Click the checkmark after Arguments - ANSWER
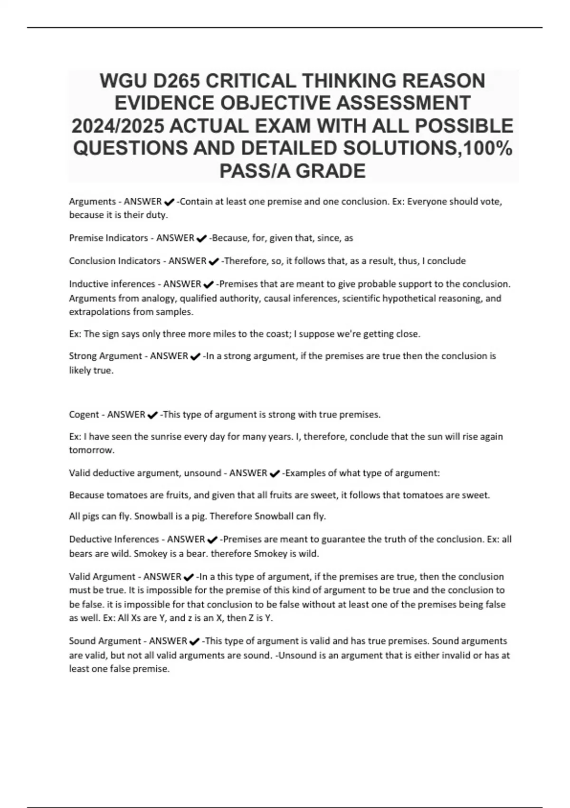[x=169, y=202]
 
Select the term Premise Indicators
[x=107, y=238]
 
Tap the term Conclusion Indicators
[x=114, y=261]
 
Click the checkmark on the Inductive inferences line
[x=208, y=285]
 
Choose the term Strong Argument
[x=105, y=356]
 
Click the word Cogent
[x=84, y=414]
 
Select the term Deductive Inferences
[x=114, y=539]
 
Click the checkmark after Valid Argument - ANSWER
[x=188, y=577]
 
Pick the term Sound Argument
[x=105, y=641]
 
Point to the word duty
[x=158, y=215]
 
